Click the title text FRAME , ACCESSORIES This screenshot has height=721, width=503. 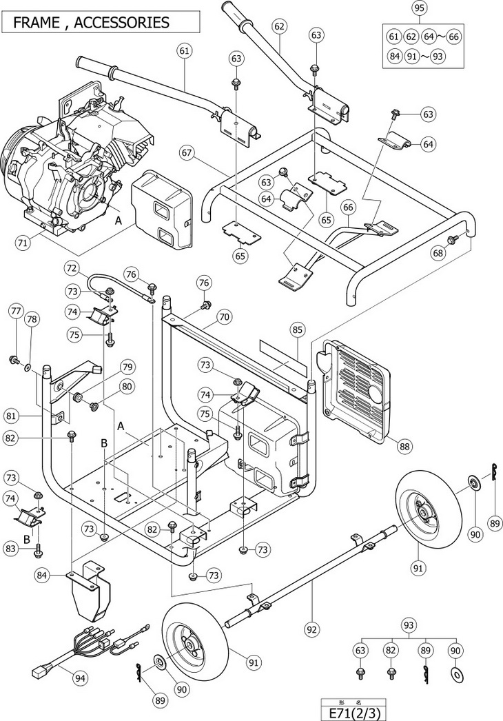coord(92,22)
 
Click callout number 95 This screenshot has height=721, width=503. coord(420,8)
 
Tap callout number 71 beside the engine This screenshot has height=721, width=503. coord(22,244)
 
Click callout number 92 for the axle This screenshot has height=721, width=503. coord(311,629)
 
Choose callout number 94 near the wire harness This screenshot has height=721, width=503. coord(82,678)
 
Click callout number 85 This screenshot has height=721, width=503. coord(298,329)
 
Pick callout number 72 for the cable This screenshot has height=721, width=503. coord(72,267)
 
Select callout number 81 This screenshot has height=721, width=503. coord(12,416)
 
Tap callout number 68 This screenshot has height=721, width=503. coord(438,252)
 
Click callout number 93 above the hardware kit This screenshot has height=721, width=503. coord(409,625)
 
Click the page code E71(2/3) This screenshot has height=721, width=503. coord(353,715)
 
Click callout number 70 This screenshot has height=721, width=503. coord(225,317)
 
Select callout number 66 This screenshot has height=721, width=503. coord(348,207)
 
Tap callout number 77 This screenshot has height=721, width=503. coord(16,312)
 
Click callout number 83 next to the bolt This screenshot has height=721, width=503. coord(12,548)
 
